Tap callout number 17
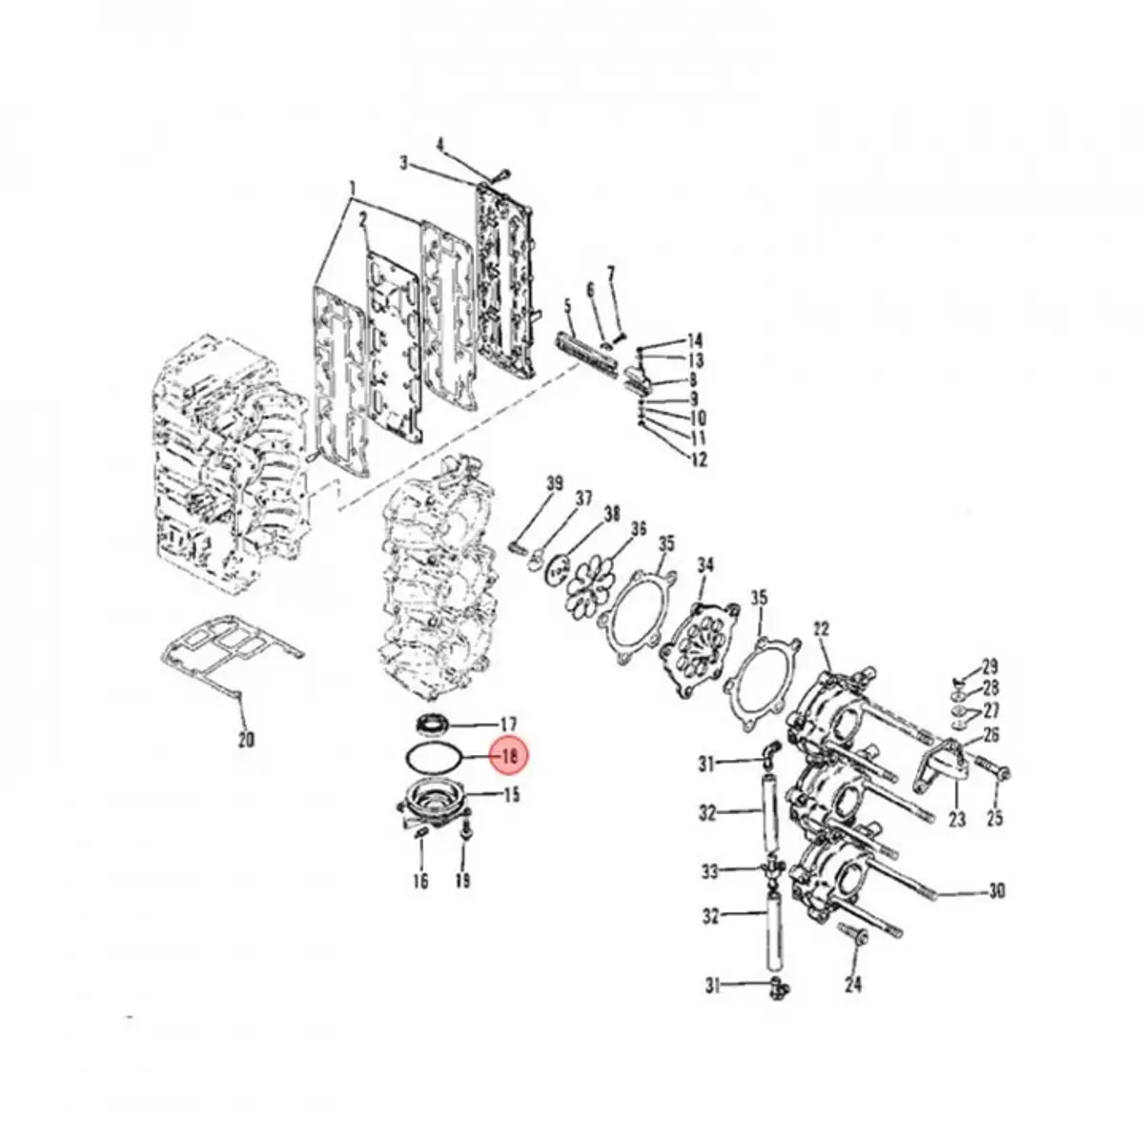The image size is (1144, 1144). tap(508, 724)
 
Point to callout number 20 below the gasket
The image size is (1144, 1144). tap(245, 739)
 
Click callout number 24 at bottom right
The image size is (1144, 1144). tap(852, 983)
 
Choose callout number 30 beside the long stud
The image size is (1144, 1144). tap(996, 891)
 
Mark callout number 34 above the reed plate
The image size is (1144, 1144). tap(705, 566)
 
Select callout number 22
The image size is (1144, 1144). tap(822, 628)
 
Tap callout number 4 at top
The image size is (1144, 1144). tap(440, 145)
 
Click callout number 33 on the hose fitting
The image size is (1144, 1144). tap(709, 870)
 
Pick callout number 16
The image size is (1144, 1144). tap(420, 882)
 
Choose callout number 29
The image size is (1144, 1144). tap(990, 665)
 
